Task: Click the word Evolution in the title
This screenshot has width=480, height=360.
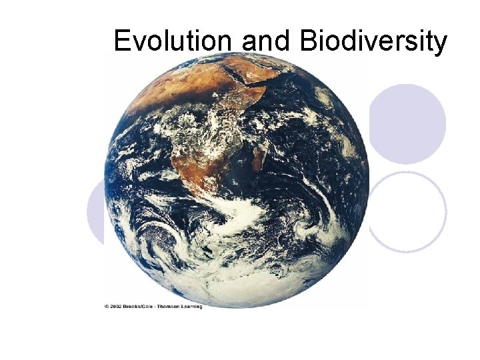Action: (x=175, y=41)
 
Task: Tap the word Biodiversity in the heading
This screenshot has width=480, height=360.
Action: (x=373, y=41)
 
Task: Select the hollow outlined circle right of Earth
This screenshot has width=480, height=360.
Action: (x=407, y=211)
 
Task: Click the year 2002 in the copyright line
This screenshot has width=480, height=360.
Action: (x=119, y=306)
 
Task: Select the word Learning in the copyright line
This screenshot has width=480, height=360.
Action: (x=191, y=306)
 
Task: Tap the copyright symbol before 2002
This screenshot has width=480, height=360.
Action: (x=107, y=306)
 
